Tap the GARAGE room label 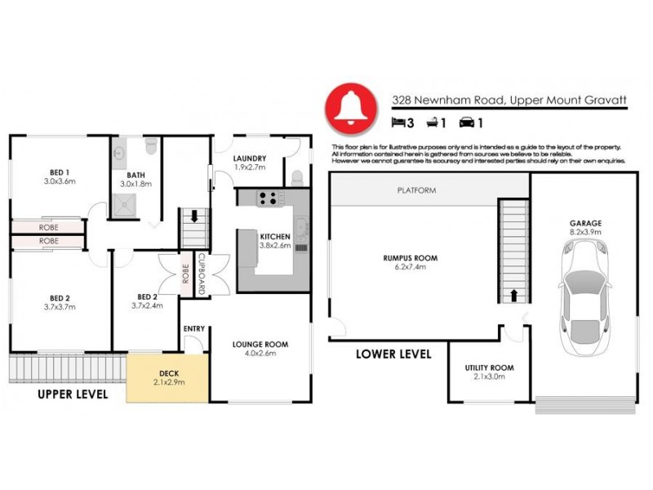coord(585,222)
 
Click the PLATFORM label coord(416,190)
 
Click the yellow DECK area coord(169,377)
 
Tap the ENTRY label coord(194,328)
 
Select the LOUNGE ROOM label coord(260,345)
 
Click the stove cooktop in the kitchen coord(269,197)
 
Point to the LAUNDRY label coord(251,158)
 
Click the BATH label coord(135,175)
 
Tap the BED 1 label coord(58,171)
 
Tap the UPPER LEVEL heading coord(73,394)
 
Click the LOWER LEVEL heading coord(393,354)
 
